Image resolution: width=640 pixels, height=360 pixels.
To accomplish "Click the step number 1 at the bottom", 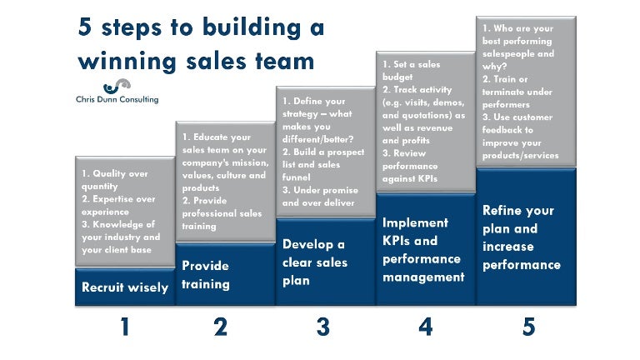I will click(124, 327).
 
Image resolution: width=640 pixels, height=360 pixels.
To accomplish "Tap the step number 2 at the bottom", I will click(220, 327).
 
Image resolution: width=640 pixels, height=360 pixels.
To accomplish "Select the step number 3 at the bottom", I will click(323, 327).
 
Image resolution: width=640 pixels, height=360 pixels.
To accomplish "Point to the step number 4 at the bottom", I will click(426, 327).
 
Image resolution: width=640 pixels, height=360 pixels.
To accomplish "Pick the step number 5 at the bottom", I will click(528, 327).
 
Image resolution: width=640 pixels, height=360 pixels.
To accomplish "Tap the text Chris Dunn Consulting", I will click(117, 100).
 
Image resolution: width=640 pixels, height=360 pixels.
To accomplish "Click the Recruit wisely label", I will click(125, 287).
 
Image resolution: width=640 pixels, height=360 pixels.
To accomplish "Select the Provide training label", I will click(206, 275).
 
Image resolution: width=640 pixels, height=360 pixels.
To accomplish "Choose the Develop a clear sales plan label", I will click(315, 262).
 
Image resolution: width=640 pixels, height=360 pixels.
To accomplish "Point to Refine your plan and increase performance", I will click(522, 237).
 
